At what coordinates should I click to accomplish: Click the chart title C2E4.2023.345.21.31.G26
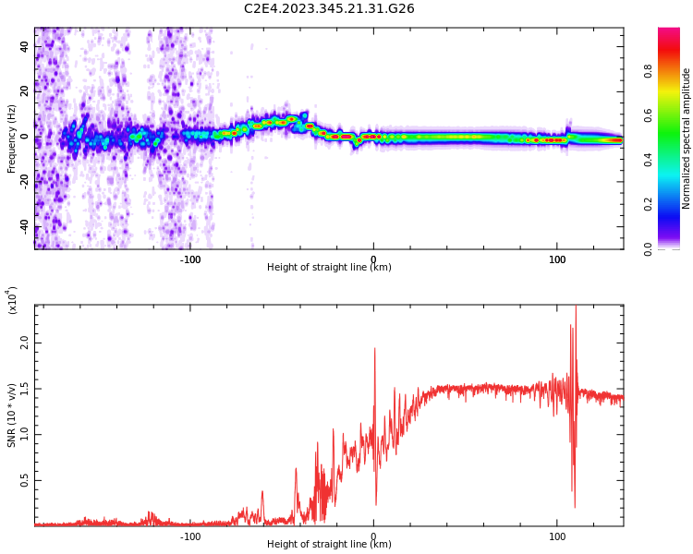(x=329, y=8)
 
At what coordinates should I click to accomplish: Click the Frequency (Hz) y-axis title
(x=11, y=138)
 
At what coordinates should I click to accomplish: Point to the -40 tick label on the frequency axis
(x=21, y=227)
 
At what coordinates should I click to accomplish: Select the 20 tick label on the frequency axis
(x=23, y=90)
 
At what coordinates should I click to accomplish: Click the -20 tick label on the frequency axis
(x=21, y=182)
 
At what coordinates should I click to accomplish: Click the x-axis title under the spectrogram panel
(x=329, y=268)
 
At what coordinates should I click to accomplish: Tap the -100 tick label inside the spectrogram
(x=189, y=259)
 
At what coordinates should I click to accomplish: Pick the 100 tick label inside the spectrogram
(x=557, y=259)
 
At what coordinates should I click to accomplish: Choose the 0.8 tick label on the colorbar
(x=674, y=70)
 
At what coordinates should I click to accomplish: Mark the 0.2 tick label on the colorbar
(x=674, y=204)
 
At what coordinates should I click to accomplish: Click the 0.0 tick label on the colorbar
(x=674, y=248)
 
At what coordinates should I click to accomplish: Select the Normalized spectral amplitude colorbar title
(x=687, y=138)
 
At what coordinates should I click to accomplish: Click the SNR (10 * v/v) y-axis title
(x=12, y=415)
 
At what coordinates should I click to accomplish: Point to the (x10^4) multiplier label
(x=12, y=300)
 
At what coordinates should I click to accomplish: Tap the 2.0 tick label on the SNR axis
(x=24, y=343)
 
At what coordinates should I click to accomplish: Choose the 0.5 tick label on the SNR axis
(x=24, y=481)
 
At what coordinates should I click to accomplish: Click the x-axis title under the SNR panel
(x=329, y=545)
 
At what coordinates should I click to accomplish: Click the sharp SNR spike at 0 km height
(x=374, y=350)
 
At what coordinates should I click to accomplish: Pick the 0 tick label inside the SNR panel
(x=373, y=536)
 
